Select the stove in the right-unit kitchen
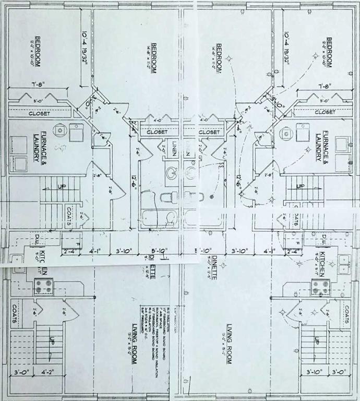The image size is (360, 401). point(319,286)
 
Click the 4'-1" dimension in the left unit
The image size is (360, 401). point(95,251)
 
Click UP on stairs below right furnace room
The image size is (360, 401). point(300,186)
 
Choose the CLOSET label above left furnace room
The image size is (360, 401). point(39,113)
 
